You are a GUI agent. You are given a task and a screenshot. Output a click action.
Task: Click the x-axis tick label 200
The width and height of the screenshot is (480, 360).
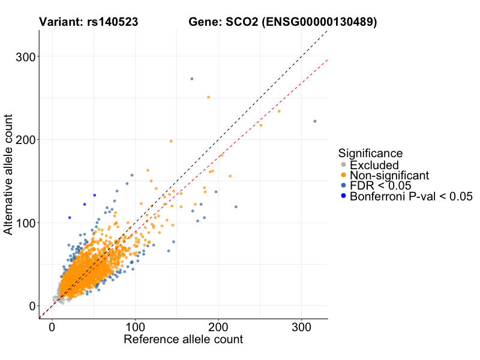point(218,328)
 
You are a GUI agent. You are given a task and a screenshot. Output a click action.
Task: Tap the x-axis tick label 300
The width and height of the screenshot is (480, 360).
point(302,328)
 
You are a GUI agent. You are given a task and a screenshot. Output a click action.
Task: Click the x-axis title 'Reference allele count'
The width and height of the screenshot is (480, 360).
point(183,340)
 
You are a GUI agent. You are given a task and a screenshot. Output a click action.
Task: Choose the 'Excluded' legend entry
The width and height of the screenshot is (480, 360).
point(374,165)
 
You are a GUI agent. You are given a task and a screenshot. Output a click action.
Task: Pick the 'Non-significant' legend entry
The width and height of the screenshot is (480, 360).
point(389,175)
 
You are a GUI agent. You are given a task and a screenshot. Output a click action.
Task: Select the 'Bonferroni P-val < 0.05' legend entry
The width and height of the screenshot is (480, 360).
point(412,196)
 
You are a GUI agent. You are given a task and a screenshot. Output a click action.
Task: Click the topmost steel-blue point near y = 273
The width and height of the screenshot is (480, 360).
point(192,79)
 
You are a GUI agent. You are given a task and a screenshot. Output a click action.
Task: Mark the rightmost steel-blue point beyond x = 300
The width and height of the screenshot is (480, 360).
point(314,121)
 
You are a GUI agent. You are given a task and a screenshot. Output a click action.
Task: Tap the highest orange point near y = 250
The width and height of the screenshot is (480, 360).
point(208,97)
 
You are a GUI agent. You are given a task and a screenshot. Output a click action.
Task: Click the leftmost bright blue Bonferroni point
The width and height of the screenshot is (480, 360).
point(70,217)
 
